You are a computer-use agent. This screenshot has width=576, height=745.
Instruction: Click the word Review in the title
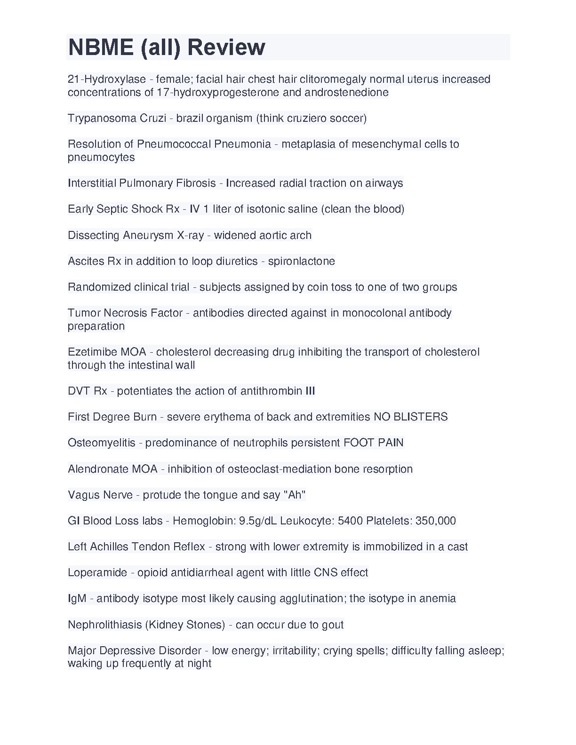pos(226,47)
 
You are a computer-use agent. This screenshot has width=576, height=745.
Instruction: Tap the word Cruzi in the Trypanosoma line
pos(153,118)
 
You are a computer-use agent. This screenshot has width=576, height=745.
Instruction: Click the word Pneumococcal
pos(174,144)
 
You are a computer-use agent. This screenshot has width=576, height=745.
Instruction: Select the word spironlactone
pos(302,261)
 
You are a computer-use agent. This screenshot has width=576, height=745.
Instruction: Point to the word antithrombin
pos(271,391)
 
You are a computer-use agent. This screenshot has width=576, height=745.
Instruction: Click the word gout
pos(333,625)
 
